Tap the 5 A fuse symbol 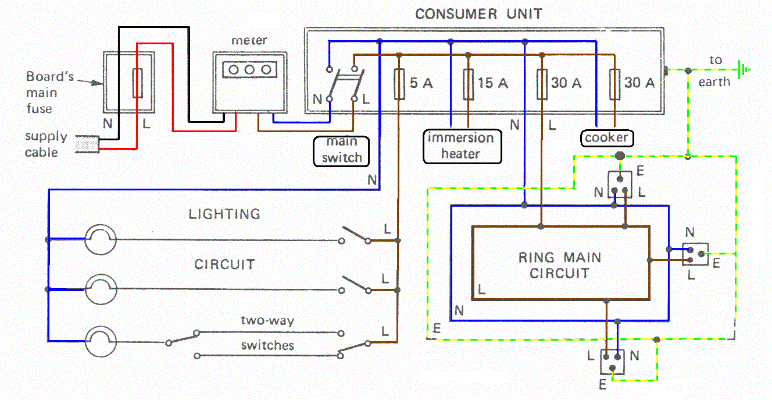click(399, 83)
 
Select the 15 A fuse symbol click(468, 83)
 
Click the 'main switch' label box click(342, 150)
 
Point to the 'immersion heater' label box click(461, 146)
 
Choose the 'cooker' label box click(607, 138)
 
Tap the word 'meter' click(249, 40)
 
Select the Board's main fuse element click(138, 83)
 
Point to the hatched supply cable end click(87, 146)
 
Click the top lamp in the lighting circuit click(101, 239)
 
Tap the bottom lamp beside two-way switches click(101, 341)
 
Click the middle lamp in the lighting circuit click(101, 289)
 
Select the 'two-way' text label click(267, 321)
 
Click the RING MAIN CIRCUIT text click(560, 265)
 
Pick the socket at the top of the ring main click(620, 184)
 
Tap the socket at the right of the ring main click(696, 254)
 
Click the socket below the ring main click(612, 362)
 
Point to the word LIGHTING click(224, 214)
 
